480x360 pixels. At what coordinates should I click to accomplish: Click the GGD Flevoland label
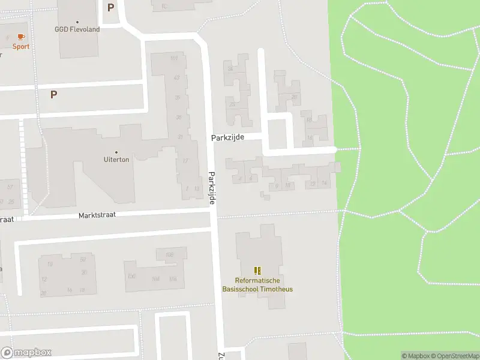tap(77, 29)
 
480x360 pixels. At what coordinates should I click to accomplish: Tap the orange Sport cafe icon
tap(22, 37)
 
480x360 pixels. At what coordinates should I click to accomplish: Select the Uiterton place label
tap(116, 160)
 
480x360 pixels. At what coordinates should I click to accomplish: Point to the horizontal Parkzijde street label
tap(227, 137)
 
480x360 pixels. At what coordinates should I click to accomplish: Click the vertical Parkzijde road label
tap(212, 187)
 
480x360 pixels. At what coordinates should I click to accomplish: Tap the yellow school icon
tap(258, 271)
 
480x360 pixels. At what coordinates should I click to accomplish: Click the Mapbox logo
tap(26, 353)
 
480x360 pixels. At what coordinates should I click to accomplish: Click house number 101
tap(174, 58)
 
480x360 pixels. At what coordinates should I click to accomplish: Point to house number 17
tap(185, 161)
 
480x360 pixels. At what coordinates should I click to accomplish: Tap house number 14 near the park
tap(325, 183)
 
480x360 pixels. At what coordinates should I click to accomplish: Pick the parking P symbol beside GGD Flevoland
tap(110, 7)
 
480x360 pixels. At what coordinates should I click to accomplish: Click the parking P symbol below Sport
tap(53, 94)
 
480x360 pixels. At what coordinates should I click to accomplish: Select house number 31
tap(180, 137)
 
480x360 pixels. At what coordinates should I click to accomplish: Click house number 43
tap(176, 77)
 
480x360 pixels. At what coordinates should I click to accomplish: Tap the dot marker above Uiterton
tap(116, 152)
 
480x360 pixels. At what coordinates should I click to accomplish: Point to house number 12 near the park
tap(309, 120)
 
